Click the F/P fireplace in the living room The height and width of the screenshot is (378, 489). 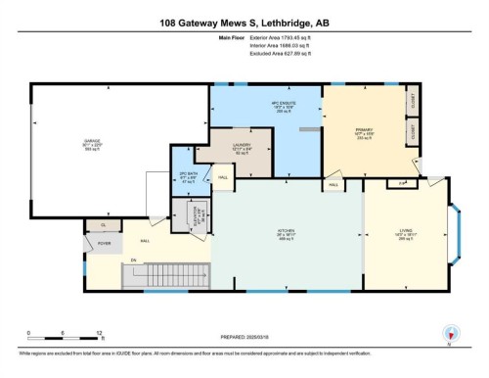(x=403, y=183)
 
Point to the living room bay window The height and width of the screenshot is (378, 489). (x=456, y=235)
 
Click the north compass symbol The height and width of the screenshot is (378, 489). (x=451, y=334)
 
